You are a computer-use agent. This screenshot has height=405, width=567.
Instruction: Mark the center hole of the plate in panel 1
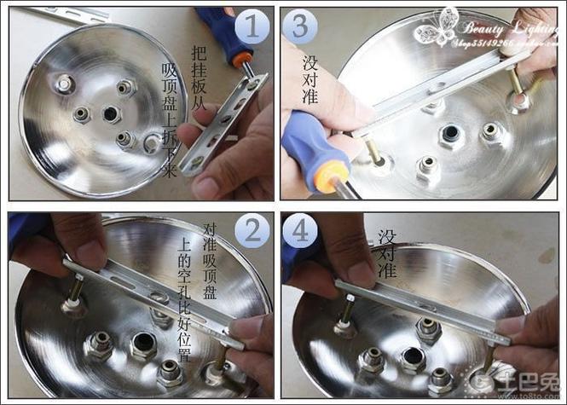pos(111,113)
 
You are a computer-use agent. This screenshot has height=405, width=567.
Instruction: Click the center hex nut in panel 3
pos(450,135)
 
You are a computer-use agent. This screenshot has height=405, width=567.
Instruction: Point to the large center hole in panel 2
pos(142,345)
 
